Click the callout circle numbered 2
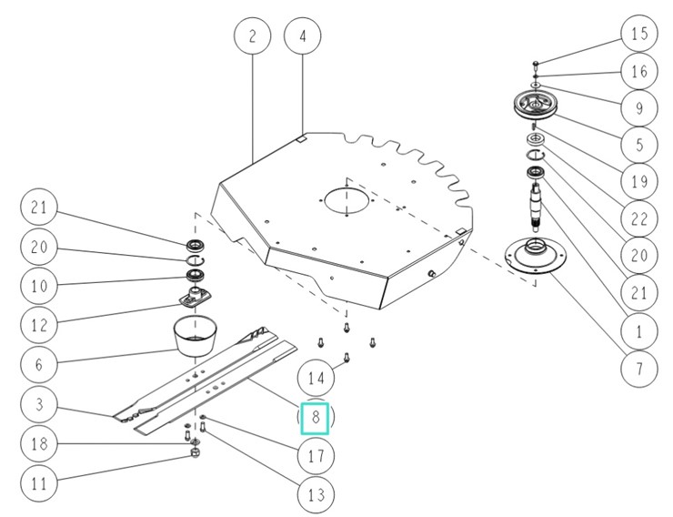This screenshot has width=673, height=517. click(252, 36)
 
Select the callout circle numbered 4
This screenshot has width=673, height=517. click(303, 36)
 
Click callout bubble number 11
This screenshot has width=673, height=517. click(37, 484)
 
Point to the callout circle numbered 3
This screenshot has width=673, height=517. click(37, 402)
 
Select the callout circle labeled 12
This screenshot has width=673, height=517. click(37, 322)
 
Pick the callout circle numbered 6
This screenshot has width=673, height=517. click(37, 362)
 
